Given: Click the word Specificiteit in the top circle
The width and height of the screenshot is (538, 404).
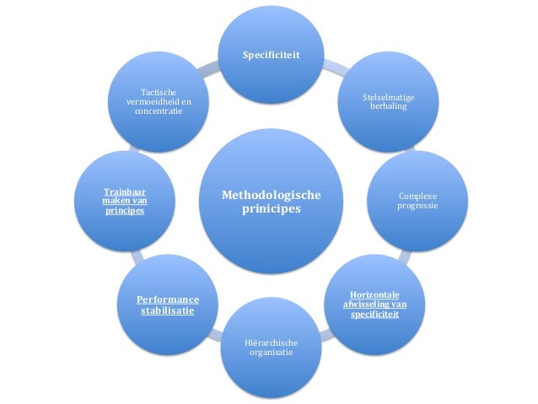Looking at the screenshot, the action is (x=271, y=56).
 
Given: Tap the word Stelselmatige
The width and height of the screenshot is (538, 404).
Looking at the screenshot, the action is (x=387, y=98).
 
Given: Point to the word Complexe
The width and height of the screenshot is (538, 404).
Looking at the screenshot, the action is (x=417, y=196).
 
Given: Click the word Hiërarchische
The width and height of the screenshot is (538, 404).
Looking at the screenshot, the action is (x=271, y=343).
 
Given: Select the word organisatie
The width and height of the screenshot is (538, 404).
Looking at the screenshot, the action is (x=271, y=353).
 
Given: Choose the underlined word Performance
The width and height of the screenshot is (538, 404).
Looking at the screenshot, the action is (x=168, y=299).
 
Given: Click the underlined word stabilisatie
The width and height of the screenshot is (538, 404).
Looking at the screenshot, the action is (x=168, y=311).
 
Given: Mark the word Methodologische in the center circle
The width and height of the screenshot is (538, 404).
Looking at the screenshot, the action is (x=271, y=195).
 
